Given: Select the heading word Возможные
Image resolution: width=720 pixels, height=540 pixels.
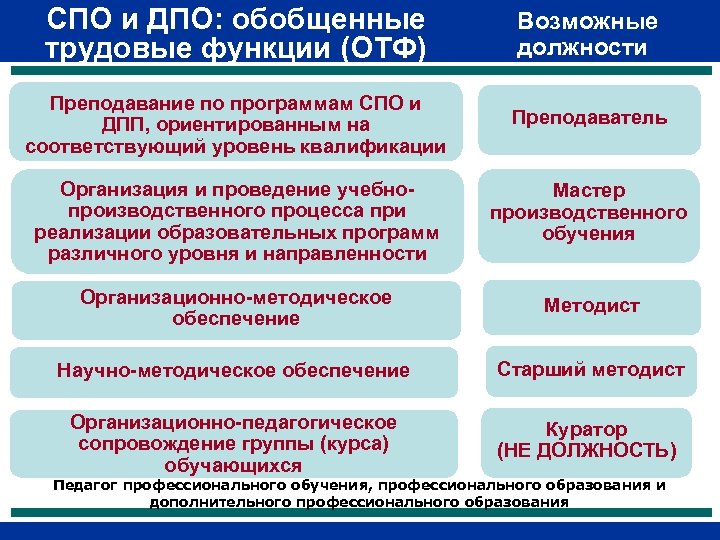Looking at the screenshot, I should (x=587, y=22).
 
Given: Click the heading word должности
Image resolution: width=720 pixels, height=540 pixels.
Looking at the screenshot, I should (x=581, y=47).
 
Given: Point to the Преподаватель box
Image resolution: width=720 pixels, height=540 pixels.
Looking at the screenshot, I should (x=589, y=118).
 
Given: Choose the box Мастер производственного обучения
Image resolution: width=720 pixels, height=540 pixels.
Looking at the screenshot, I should (x=588, y=212).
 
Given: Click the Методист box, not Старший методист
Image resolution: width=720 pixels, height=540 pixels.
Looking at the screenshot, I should (x=591, y=306).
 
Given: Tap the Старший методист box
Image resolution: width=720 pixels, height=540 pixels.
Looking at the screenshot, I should (x=591, y=370).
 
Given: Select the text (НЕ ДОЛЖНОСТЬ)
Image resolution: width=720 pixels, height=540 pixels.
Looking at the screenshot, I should (x=587, y=451).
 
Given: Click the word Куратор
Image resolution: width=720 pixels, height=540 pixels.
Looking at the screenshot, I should (x=587, y=429).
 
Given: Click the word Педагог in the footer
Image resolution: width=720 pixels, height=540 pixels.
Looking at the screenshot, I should (x=84, y=486).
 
